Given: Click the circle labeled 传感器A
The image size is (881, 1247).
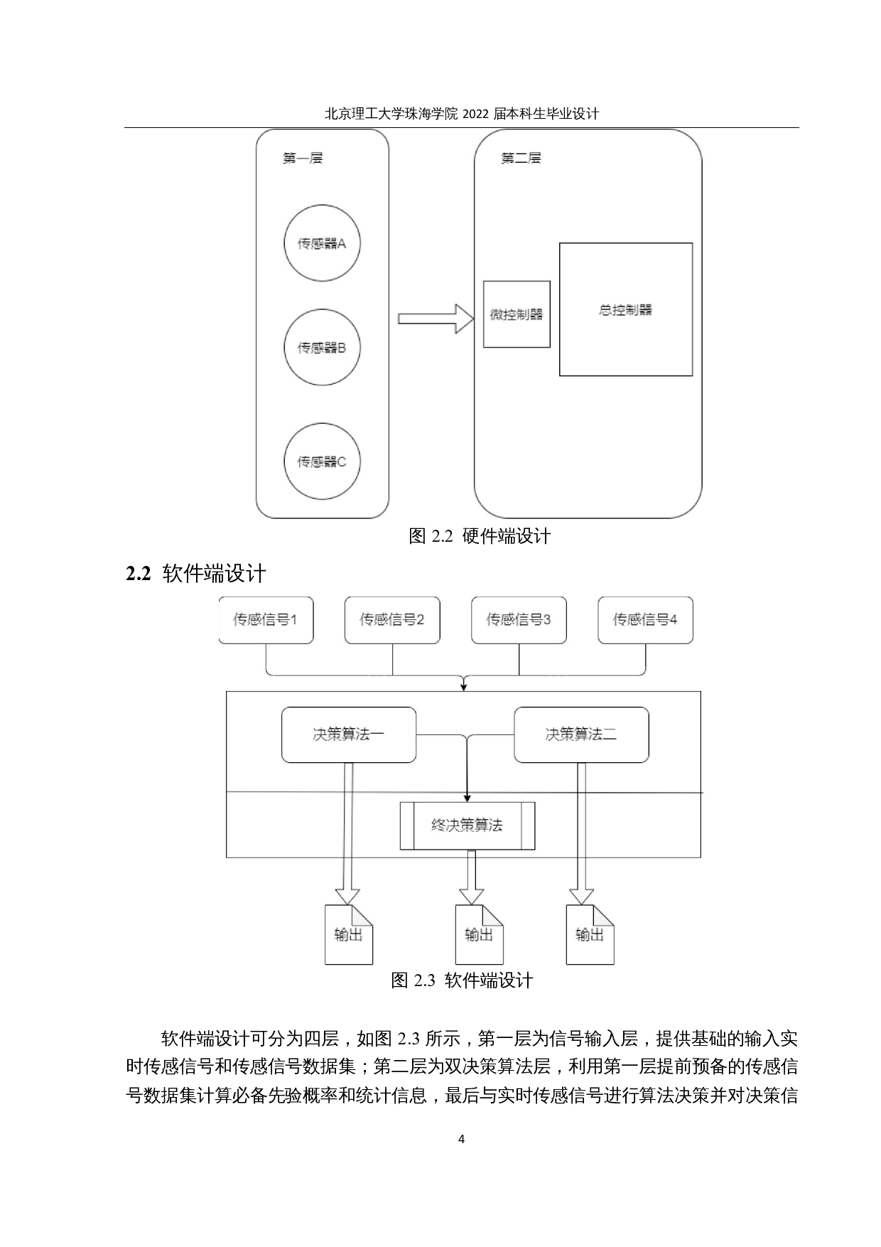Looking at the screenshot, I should click(322, 244).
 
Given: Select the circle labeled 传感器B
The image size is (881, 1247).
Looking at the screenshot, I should click(322, 348).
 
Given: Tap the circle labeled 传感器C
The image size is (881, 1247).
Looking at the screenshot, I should click(322, 462).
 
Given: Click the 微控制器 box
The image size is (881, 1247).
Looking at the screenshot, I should click(517, 314).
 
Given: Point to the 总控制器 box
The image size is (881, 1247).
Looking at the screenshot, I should click(625, 309).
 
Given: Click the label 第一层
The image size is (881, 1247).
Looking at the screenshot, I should click(303, 159).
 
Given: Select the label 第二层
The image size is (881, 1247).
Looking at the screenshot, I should click(521, 159).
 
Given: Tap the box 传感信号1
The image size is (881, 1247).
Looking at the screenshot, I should click(266, 620).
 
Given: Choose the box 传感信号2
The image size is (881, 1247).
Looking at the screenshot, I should click(392, 620).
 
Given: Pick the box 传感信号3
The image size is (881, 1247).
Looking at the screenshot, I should click(519, 620).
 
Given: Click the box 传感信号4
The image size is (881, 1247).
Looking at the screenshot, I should click(645, 620).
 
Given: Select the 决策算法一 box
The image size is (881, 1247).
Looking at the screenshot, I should click(349, 734).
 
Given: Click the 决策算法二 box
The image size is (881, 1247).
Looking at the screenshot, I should click(581, 734).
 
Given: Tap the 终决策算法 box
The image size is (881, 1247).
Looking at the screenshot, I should click(467, 825).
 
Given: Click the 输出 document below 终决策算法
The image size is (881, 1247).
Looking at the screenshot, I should click(478, 935).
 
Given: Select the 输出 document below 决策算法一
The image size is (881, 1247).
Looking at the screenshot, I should click(348, 935).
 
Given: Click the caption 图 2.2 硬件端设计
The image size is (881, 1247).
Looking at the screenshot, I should click(480, 537).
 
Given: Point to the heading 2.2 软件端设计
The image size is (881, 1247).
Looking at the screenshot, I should click(195, 574).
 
